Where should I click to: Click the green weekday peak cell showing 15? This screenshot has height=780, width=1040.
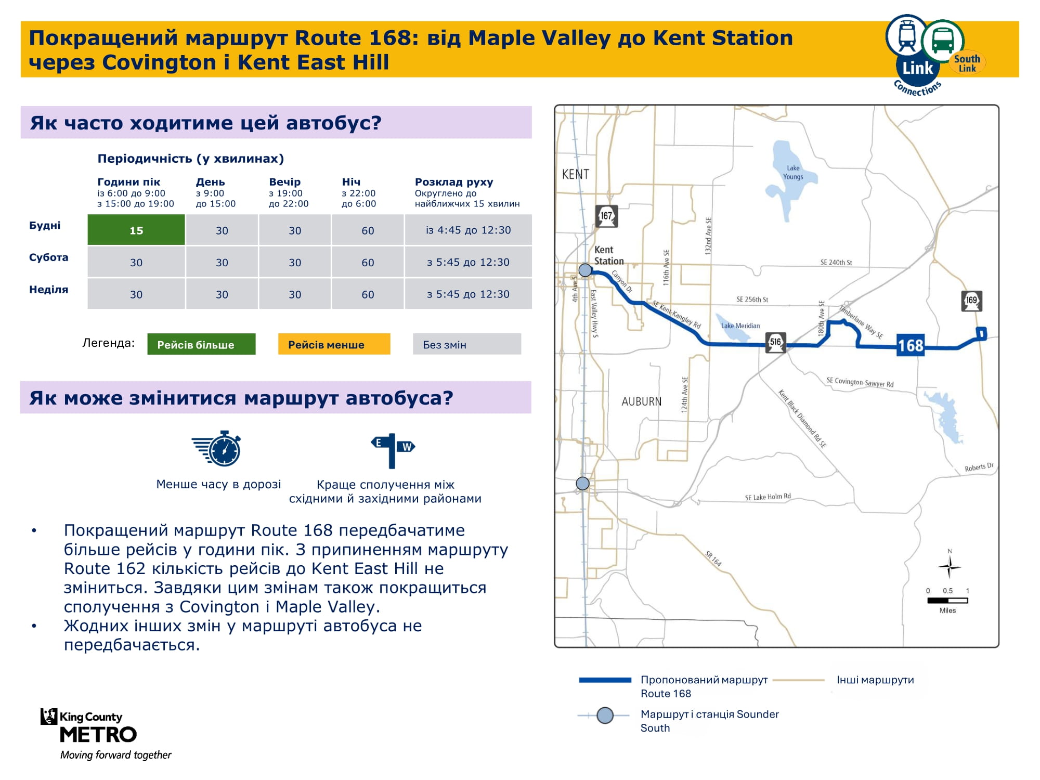[136, 230]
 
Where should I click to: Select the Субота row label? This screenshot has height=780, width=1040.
[48, 257]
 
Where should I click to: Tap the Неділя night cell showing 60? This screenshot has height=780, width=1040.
[368, 294]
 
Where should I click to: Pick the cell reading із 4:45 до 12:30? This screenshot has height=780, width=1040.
[469, 230]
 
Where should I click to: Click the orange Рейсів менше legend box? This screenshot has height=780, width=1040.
[334, 344]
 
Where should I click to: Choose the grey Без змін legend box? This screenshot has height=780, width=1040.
[467, 344]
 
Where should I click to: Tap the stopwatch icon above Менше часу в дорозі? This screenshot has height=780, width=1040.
[217, 448]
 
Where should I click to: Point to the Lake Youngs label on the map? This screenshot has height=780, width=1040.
[793, 172]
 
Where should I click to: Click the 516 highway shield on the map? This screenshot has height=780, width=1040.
[775, 343]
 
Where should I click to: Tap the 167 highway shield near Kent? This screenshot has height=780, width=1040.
[607, 216]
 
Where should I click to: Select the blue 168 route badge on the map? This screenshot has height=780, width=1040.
[911, 346]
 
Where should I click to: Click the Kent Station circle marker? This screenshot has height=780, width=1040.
[585, 270]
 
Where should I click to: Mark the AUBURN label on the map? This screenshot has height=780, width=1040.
[642, 401]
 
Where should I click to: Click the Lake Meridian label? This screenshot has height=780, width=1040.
[740, 326]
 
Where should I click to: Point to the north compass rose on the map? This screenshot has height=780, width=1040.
[950, 565]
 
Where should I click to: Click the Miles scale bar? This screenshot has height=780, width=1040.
[947, 601]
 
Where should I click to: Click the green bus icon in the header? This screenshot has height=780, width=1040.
[943, 41]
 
